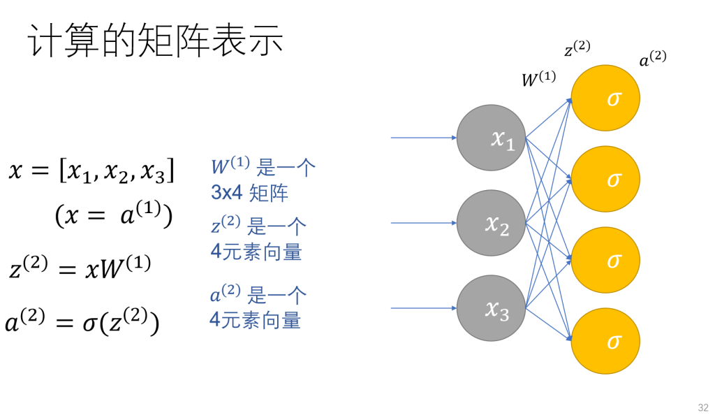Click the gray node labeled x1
[x=491, y=138]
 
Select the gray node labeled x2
[x=491, y=223]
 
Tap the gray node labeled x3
[x=491, y=308]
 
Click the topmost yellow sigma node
[x=605, y=98]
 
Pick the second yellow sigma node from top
[x=605, y=179]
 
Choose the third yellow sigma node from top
[x=605, y=260]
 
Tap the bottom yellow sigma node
[x=605, y=341]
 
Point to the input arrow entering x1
[x=422, y=138]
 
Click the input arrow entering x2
[x=422, y=223]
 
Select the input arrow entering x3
[x=422, y=308]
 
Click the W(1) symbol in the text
[x=230, y=166]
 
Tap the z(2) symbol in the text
[x=226, y=225]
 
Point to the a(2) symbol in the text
[x=225, y=294]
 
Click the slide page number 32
[x=702, y=407]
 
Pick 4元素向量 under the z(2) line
[x=256, y=251]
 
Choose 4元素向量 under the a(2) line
[x=256, y=320]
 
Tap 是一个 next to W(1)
[x=286, y=168]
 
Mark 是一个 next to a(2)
[x=277, y=296]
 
